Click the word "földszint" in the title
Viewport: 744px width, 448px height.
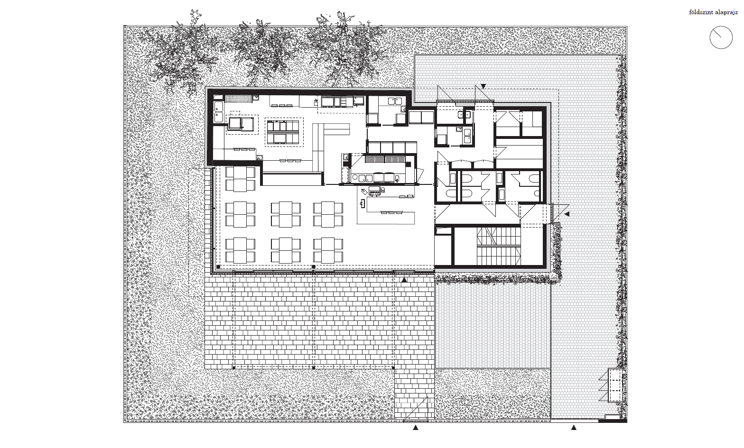[700, 12]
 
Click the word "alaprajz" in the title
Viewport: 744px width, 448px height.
[726, 12]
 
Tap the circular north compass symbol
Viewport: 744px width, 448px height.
[721, 37]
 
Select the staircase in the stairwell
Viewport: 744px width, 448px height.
[499, 246]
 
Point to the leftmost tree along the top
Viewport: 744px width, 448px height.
[181, 56]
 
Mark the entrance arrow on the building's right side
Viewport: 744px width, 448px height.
[567, 214]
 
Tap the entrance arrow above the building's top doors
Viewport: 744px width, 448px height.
[484, 86]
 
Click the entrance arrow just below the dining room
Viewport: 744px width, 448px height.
[404, 280]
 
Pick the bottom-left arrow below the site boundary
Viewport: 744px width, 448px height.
[416, 428]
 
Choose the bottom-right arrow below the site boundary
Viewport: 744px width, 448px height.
[574, 428]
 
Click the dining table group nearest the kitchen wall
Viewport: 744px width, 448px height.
[240, 179]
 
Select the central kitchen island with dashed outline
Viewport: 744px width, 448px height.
[284, 132]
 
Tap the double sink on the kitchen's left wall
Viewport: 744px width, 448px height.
[219, 112]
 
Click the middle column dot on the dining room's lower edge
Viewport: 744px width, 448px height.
[314, 266]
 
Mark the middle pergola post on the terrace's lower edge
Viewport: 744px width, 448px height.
[314, 368]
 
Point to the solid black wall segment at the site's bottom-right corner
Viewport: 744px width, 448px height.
[613, 421]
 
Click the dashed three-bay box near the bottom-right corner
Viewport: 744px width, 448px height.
[615, 385]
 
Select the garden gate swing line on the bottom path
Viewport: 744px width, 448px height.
[415, 409]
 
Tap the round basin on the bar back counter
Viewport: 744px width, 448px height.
[355, 177]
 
